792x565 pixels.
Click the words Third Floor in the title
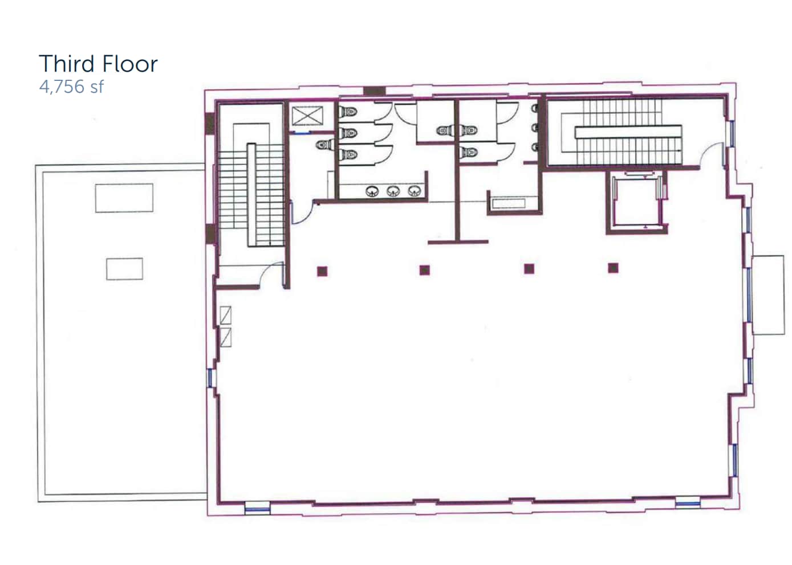pyautogui.click(x=98, y=64)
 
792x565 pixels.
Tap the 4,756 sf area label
pyautogui.click(x=71, y=87)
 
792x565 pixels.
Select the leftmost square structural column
pyautogui.click(x=323, y=271)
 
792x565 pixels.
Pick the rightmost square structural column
pyautogui.click(x=613, y=268)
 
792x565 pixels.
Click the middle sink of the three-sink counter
pyautogui.click(x=393, y=191)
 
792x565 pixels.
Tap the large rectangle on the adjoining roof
pyautogui.click(x=124, y=198)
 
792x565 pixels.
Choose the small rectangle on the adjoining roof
pyautogui.click(x=124, y=269)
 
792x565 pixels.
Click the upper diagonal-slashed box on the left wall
pyautogui.click(x=226, y=316)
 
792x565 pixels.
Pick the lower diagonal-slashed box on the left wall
pyautogui.click(x=226, y=337)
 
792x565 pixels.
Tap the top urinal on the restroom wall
pyautogui.click(x=535, y=108)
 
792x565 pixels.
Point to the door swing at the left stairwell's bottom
pyautogui.click(x=271, y=273)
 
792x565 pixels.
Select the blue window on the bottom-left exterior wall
pyautogui.click(x=257, y=507)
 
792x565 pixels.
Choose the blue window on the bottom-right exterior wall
pyautogui.click(x=687, y=502)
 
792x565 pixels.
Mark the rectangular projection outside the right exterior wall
pyautogui.click(x=768, y=294)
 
